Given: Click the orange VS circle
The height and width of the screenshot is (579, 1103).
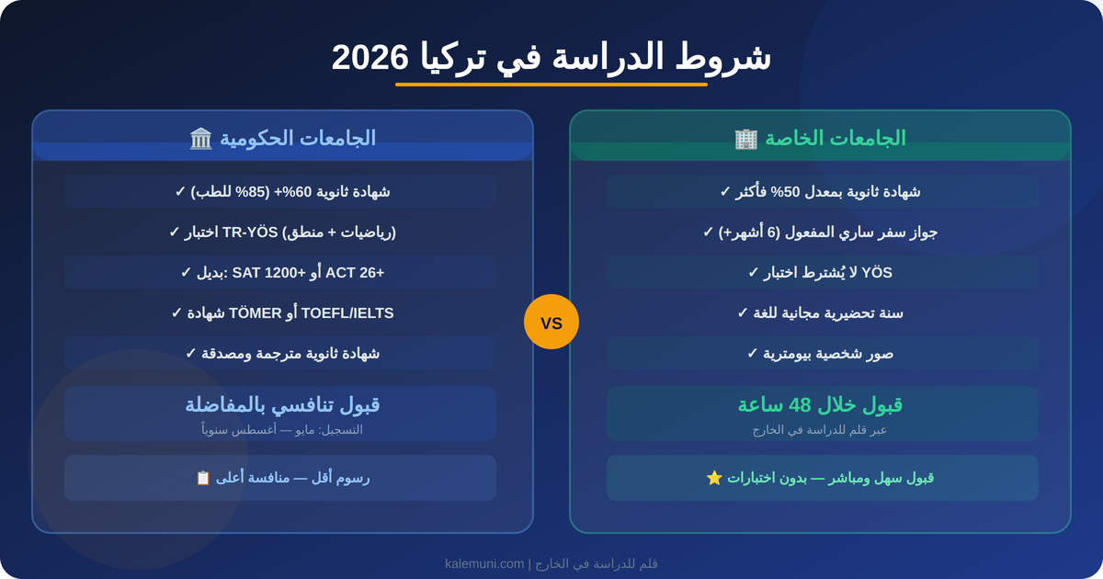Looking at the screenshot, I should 551,322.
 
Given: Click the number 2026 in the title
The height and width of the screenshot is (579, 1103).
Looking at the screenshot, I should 370,57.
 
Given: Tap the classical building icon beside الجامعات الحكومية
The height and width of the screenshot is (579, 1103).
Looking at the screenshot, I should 201,139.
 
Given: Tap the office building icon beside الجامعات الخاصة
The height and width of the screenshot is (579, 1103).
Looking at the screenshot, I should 745,139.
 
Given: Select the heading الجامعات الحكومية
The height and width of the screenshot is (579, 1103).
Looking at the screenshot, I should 297,138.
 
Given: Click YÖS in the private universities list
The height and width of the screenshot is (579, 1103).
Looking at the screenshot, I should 877,272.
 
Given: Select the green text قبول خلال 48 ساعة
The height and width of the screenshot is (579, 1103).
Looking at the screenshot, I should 820,404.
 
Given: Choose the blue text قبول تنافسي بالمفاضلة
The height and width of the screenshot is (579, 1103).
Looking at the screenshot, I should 282,404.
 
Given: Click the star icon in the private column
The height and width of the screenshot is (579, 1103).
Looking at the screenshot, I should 714,478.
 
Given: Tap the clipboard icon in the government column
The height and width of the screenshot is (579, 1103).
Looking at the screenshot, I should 203,478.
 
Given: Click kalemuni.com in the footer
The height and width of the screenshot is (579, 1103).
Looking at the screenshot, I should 484,563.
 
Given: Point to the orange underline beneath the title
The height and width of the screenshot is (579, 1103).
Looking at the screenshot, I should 551,85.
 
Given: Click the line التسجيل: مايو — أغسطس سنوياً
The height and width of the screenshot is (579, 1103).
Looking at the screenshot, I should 282,429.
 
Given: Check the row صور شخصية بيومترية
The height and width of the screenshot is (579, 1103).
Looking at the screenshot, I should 820,353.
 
